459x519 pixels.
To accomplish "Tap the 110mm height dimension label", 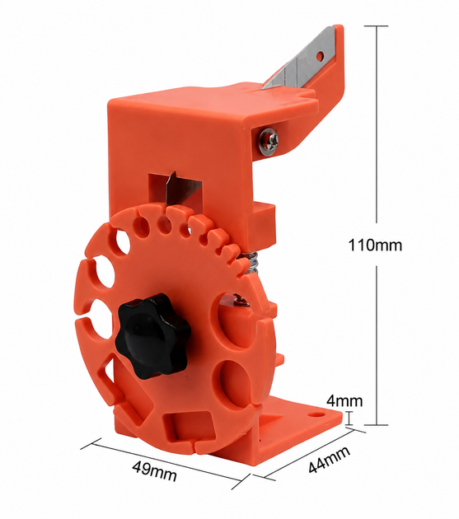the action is [375, 245].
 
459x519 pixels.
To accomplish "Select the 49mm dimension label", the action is [154, 470].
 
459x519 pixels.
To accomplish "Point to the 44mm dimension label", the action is [329, 460].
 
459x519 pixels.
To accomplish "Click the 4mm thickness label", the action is [344, 401].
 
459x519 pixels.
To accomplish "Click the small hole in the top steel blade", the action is [320, 56].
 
